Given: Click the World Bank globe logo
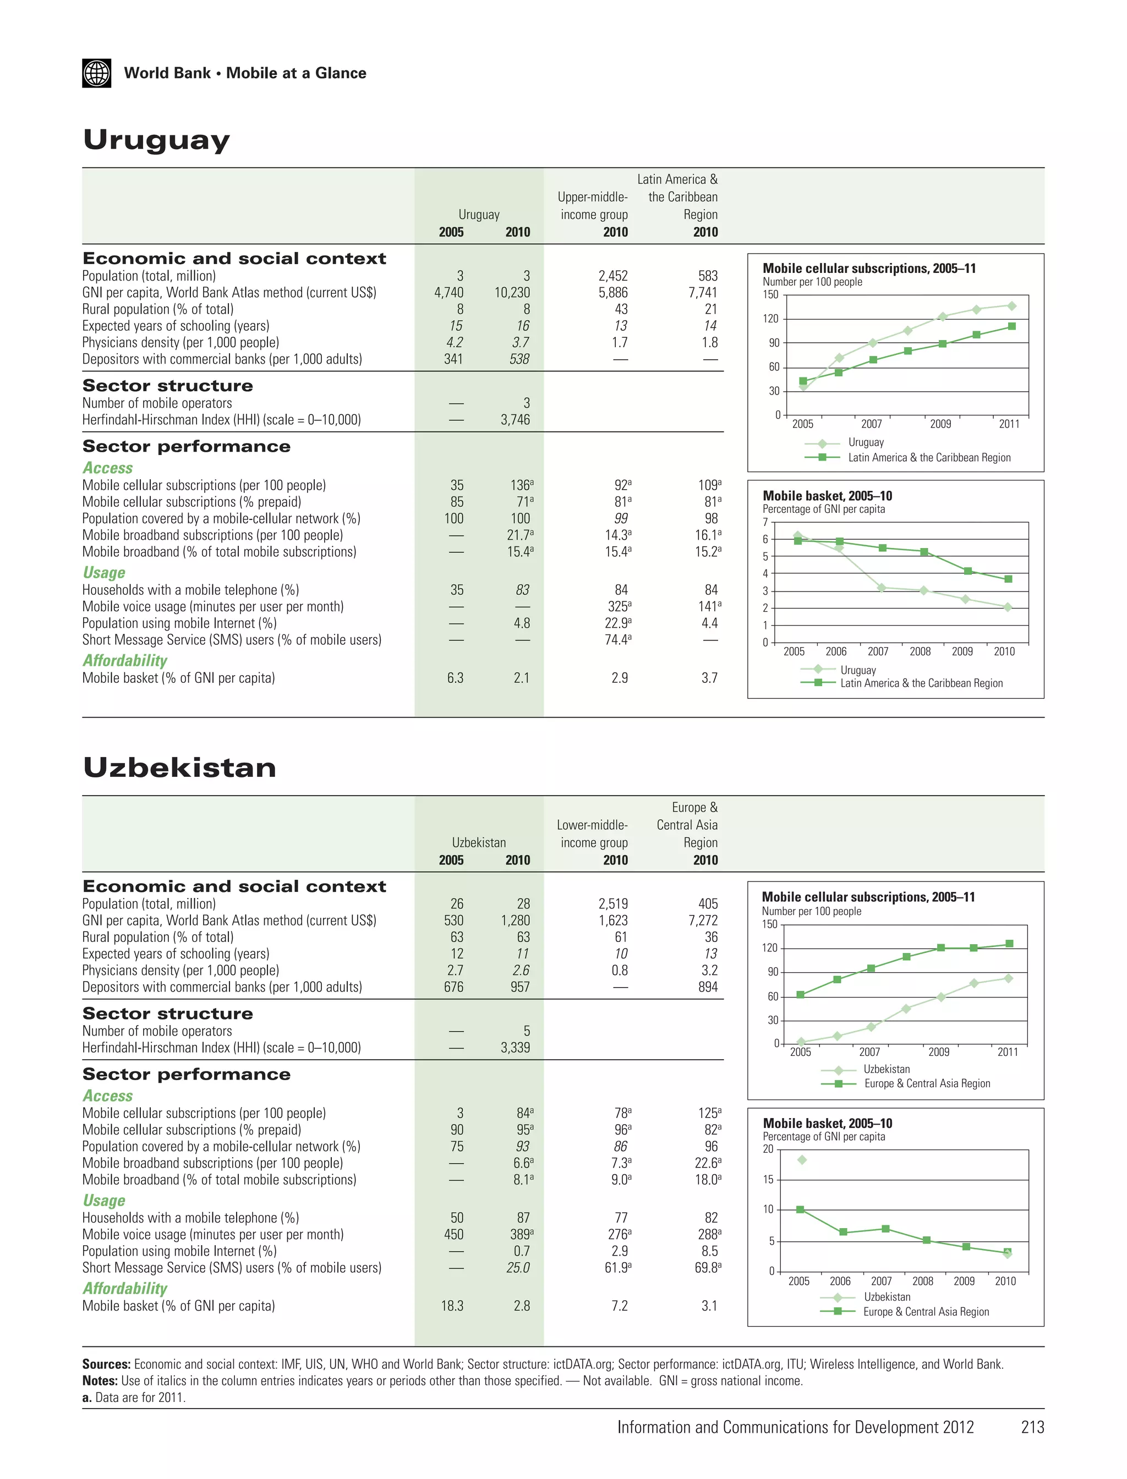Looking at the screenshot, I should pos(97,73).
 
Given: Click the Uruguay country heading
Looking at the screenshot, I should pos(156,140).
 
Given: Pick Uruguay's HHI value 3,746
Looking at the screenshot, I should pos(515,420).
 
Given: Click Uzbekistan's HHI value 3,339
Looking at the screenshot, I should pos(515,1048).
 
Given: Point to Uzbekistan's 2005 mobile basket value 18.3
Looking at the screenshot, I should pos(452,1306).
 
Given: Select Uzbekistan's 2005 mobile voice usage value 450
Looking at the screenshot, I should pos(453,1234).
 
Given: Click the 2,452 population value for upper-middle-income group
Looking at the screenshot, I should pos(612,276).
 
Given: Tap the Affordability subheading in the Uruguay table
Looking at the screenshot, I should pos(125,661).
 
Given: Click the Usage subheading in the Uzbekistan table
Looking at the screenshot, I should pos(104,1201).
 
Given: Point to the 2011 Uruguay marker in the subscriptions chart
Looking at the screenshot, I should pos(1011,306).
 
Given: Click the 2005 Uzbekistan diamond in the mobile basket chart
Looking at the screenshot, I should pos(802,1160).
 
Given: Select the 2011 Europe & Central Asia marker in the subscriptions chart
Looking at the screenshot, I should pos(1009,944).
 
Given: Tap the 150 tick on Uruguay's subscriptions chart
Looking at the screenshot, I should pos(771,294).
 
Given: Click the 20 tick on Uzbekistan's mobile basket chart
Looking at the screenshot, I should pos(768,1149).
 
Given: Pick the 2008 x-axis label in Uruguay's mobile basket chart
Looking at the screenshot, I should pos(920,651).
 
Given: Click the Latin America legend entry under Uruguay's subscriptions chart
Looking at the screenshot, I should pos(929,457).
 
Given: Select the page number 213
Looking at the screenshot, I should pos(1032,1427).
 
